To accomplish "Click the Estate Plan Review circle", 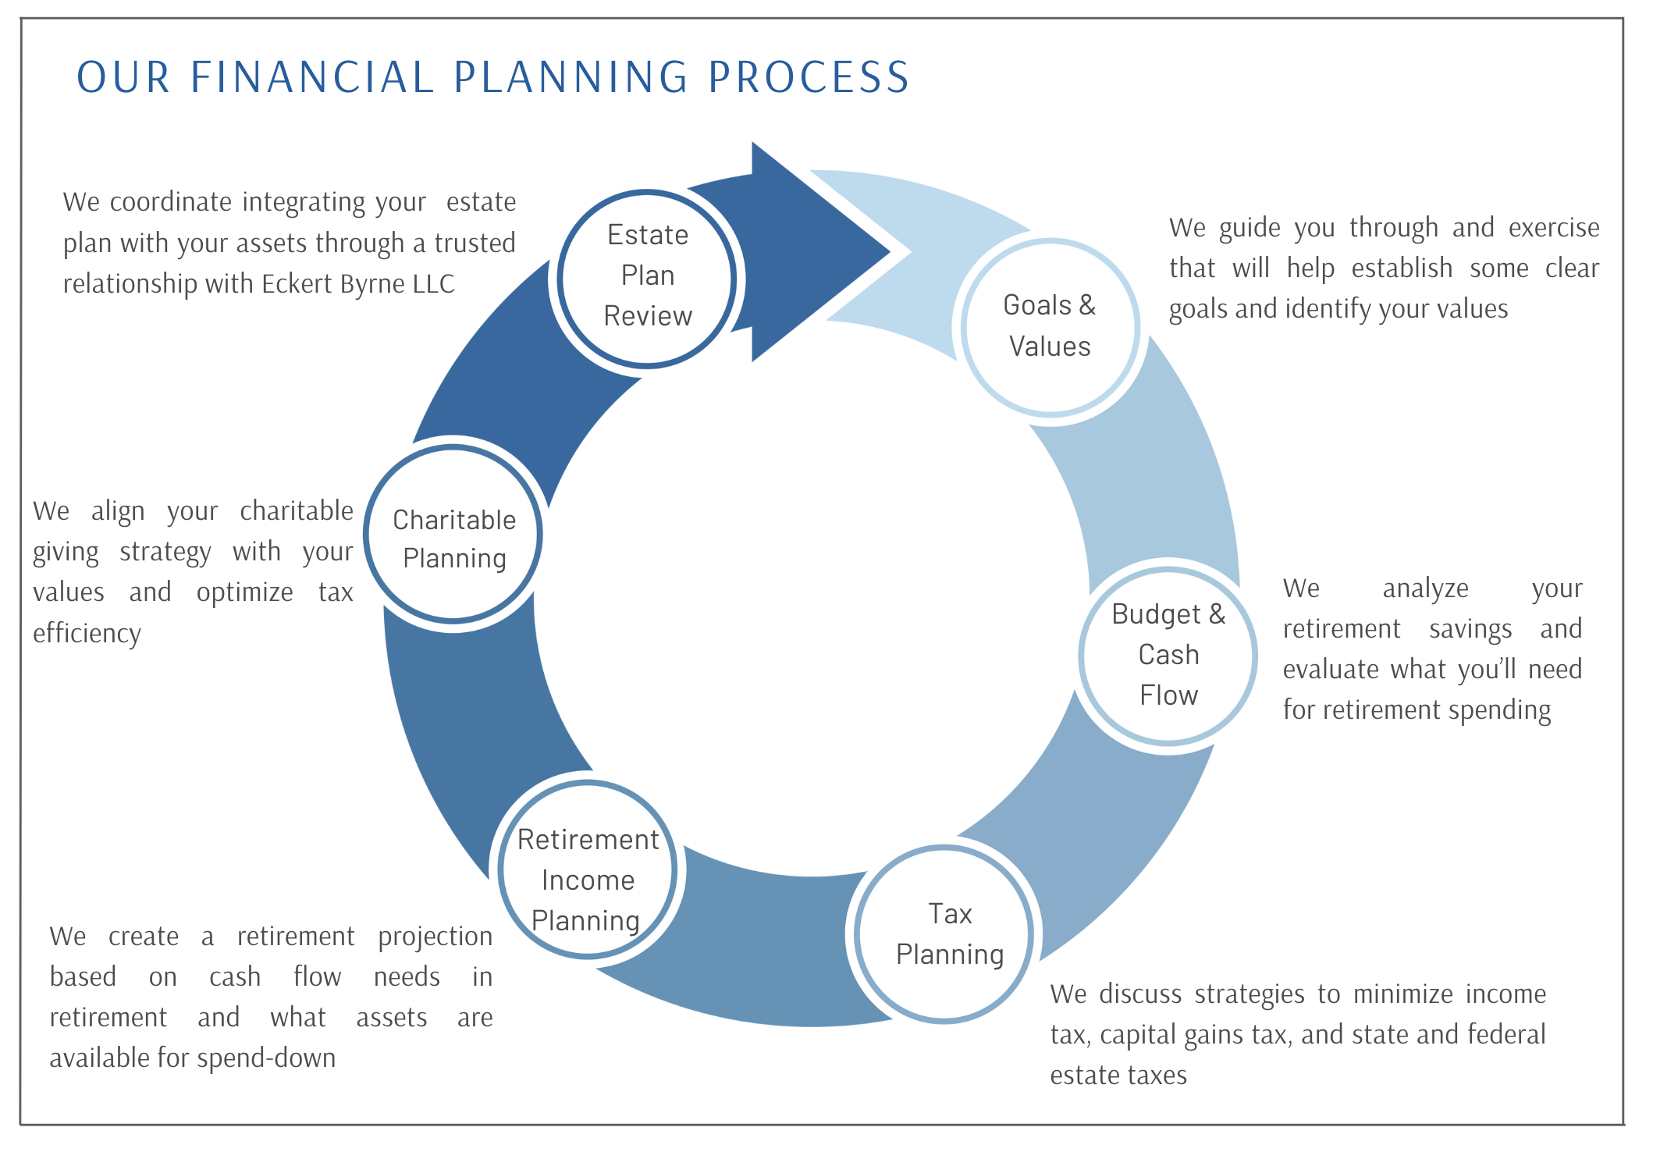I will [x=647, y=278].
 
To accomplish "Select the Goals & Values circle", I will [x=1050, y=326].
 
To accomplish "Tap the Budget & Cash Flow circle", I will [x=1168, y=656].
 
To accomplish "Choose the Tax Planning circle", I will [x=944, y=933].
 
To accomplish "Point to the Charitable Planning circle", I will [x=453, y=535].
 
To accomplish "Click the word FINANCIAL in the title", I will [x=312, y=77].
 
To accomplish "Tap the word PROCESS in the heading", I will [x=809, y=77].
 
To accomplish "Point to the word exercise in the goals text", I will [x=1553, y=227].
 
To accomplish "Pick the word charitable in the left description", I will [x=297, y=510].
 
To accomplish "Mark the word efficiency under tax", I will [x=87, y=633].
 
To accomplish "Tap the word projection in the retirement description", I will [x=435, y=937].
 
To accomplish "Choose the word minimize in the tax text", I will [x=1402, y=994].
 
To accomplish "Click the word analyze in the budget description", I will [x=1425, y=588].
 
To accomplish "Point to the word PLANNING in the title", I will [x=571, y=77].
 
